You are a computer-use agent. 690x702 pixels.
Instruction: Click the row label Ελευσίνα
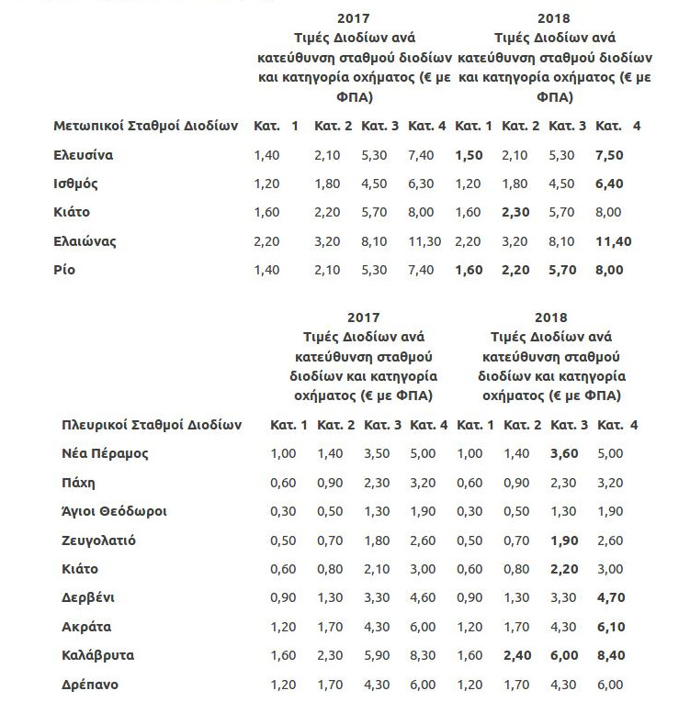point(83,155)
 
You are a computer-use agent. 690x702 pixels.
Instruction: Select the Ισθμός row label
point(75,184)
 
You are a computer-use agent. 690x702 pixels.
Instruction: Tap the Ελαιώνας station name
point(85,241)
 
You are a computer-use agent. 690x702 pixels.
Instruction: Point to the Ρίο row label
point(64,270)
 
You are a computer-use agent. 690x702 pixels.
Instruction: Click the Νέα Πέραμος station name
point(104,453)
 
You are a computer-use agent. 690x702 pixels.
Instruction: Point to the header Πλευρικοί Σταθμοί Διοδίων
point(151,425)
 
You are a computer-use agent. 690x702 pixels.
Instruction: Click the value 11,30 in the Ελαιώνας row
point(425,241)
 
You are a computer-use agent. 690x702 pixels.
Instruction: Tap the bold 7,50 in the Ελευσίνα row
point(610,155)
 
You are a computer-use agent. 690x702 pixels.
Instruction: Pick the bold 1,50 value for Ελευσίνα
point(469,155)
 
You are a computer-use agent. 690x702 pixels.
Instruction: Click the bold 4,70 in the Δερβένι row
point(611,597)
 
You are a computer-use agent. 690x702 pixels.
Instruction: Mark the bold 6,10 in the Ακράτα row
point(611,627)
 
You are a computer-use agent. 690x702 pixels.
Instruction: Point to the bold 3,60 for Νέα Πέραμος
point(564,453)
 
